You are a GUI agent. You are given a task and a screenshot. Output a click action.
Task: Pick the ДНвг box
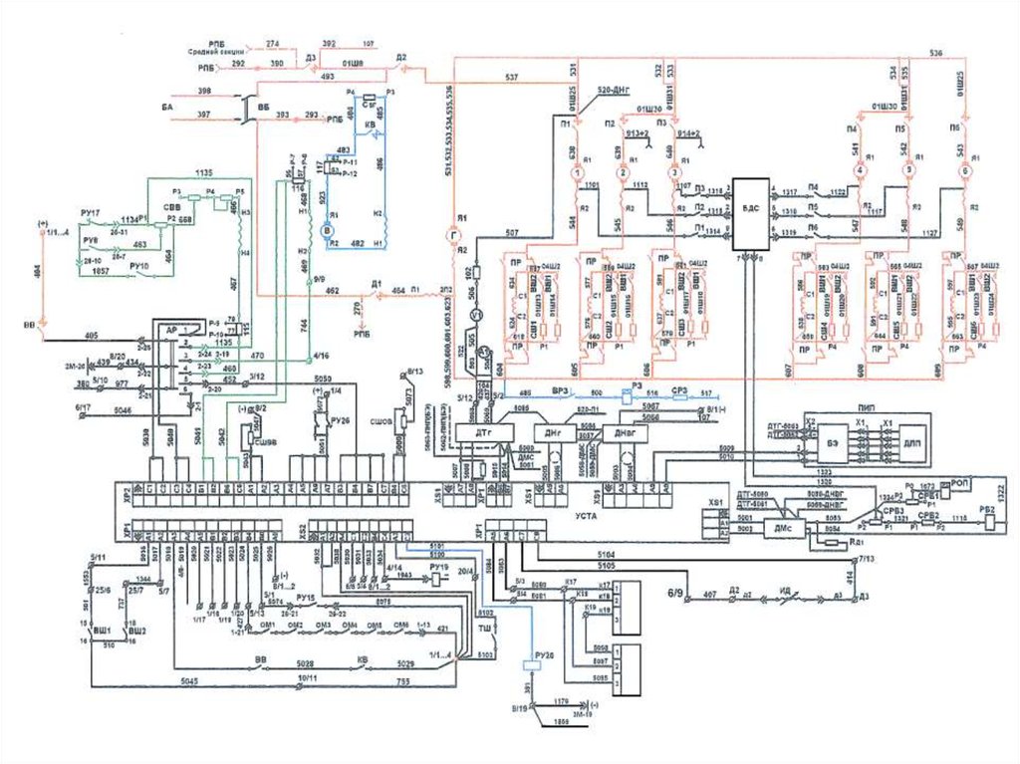625,434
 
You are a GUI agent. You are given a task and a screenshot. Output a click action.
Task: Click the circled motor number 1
575,171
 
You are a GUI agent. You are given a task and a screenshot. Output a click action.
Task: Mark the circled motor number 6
963,171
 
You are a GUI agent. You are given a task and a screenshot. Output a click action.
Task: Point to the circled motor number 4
863,171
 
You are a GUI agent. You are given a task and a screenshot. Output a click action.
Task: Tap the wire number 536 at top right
935,52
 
